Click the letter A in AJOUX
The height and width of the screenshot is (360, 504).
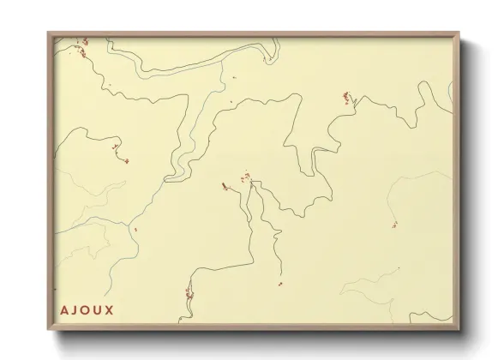[x=65, y=310]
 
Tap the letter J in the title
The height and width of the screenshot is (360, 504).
[x=77, y=310]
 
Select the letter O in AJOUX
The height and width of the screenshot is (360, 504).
[x=89, y=310]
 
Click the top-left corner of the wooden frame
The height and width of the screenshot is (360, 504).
[x=47, y=32]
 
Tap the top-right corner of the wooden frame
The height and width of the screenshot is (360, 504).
[x=461, y=32]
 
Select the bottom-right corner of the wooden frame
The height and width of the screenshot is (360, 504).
[x=461, y=332]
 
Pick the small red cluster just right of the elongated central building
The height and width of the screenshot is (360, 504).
[x=245, y=177]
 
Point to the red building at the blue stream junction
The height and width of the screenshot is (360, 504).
[x=135, y=229]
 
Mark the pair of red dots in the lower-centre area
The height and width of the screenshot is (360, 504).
[x=279, y=283]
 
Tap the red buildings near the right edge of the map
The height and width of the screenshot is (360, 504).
[x=394, y=225]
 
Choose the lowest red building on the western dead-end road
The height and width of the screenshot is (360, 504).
[x=126, y=160]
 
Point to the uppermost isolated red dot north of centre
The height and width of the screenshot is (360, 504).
[x=233, y=77]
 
